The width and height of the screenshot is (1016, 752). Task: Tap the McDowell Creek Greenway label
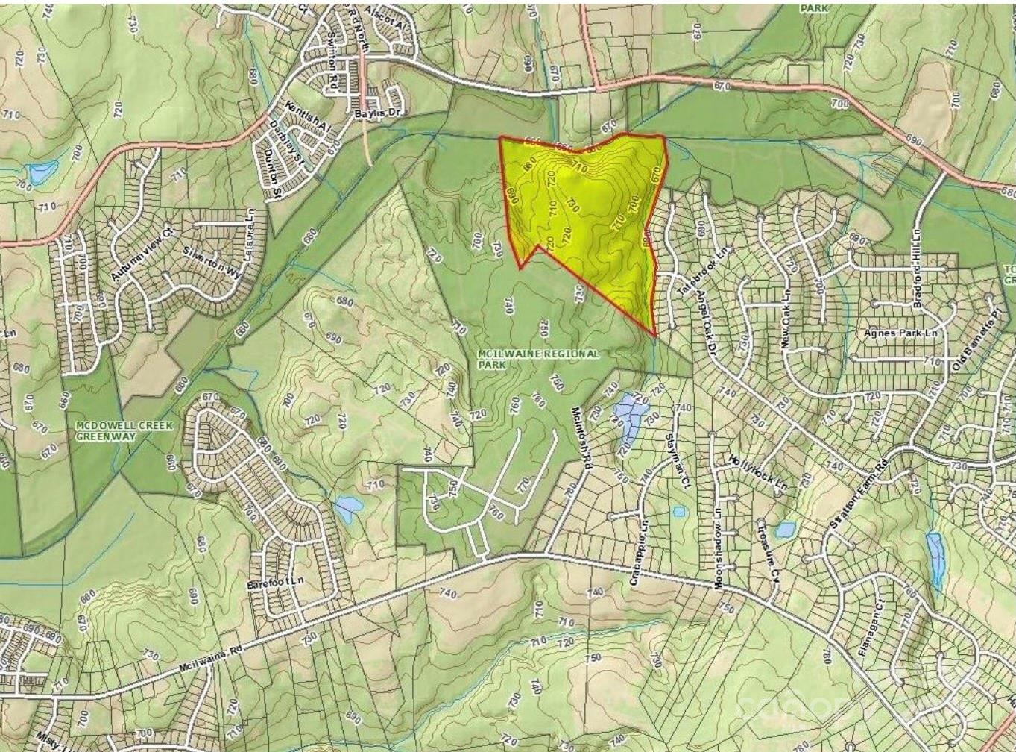124,430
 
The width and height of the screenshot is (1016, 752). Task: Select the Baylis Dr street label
382,112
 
